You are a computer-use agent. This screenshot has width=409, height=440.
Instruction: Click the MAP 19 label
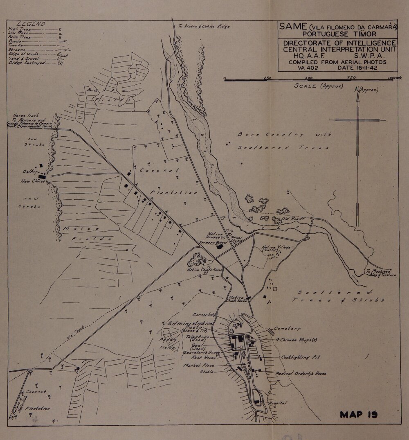[358, 415]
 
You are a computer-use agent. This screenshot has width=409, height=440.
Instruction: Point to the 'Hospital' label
[278, 403]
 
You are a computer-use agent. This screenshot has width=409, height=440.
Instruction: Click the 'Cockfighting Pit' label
[300, 357]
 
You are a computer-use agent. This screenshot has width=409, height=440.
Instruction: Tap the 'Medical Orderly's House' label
[301, 374]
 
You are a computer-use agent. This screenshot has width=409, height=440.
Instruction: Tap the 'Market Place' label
[197, 365]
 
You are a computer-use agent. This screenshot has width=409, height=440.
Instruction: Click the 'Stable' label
[207, 372]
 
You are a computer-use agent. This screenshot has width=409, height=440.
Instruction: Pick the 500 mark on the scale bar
[309, 77]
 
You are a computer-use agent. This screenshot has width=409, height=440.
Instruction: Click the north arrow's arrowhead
[357, 97]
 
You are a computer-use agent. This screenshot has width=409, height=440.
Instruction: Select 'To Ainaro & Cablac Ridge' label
[203, 26]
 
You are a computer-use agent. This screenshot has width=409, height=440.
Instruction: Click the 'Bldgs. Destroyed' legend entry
[25, 63]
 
